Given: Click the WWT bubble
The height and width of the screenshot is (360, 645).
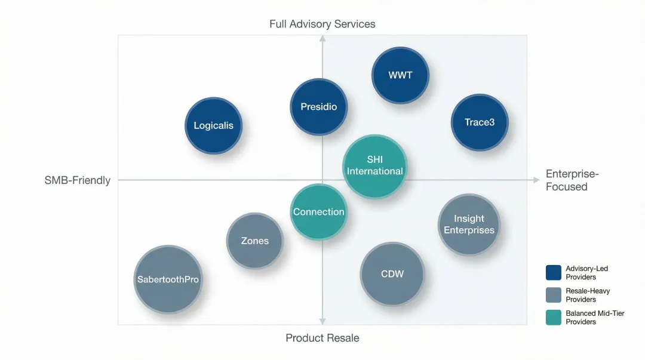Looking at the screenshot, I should (400, 76).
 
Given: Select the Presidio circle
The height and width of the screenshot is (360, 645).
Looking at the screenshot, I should (319, 107).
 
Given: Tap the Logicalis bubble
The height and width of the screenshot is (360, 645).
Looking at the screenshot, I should (213, 126).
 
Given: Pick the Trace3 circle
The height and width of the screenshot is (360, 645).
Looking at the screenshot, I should (479, 122).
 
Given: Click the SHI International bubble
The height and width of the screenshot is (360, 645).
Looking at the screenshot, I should (375, 166).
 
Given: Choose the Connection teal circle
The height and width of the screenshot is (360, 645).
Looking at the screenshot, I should (318, 212).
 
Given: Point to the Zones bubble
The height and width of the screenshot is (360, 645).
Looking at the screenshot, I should (254, 241).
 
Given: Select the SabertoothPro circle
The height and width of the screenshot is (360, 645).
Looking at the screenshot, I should (168, 279).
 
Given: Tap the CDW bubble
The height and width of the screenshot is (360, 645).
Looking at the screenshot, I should (392, 274).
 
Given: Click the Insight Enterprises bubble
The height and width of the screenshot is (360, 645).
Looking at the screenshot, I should (469, 224).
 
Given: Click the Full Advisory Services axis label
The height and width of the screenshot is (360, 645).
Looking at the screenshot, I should (322, 24).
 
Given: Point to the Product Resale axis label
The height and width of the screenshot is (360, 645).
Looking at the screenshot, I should (322, 339).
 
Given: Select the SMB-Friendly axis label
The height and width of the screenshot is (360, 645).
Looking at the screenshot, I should (78, 180).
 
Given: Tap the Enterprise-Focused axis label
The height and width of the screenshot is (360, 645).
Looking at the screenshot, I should (572, 180).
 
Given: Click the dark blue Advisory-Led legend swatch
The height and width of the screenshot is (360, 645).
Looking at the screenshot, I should (553, 273).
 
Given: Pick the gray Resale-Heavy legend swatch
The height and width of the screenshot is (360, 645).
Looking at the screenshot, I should (553, 296).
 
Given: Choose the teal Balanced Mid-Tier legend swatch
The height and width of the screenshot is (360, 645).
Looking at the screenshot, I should (553, 318).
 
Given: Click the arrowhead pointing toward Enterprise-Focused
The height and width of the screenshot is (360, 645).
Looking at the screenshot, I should (535, 180).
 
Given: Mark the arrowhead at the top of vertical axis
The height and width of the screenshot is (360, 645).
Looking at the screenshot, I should (322, 39).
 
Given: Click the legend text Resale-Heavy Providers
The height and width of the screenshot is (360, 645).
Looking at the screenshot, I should (588, 296).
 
